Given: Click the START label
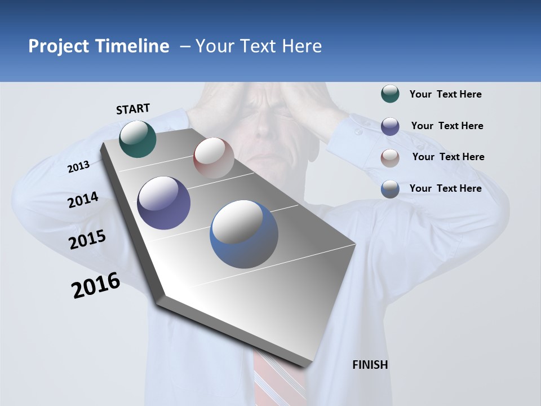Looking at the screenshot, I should (133, 109).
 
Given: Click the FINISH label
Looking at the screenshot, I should (370, 365).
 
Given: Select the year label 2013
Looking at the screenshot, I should (78, 167).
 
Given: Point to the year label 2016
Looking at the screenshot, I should (96, 285).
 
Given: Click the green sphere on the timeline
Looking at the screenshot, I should (138, 139).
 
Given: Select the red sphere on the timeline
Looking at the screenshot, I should (214, 157).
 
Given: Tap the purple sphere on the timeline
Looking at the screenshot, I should (164, 203).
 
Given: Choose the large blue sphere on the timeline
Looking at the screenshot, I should (244, 234).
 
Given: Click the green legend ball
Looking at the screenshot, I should (390, 94).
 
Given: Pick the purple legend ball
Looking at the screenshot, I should (390, 126).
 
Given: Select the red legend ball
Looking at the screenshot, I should (390, 157).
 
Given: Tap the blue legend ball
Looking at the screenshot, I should (390, 189).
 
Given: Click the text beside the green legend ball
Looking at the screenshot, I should (445, 95).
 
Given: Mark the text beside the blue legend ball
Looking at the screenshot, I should (445, 188).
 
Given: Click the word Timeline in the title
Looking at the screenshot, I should (132, 46).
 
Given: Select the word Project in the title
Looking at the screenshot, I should (59, 46).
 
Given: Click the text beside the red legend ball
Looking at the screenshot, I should (448, 157).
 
